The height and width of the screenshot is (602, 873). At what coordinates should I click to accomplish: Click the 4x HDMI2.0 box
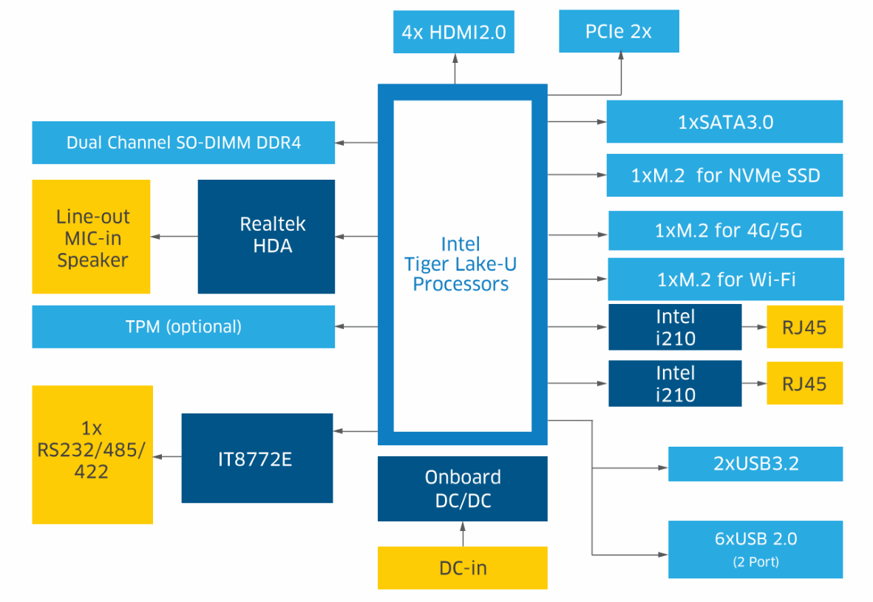454,33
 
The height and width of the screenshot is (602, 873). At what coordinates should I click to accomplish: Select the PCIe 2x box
619,32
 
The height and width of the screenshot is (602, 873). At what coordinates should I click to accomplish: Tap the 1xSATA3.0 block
724,122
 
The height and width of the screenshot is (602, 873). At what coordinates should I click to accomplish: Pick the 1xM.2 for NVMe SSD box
724,176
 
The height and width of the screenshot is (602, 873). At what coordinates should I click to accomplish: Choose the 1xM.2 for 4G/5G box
725,231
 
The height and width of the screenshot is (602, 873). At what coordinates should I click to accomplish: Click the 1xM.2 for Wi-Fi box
725,280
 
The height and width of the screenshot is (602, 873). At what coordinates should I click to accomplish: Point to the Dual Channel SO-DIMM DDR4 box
183,143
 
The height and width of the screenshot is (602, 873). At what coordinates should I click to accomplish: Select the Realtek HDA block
266,236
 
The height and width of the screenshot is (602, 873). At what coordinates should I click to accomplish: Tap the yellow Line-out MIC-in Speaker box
92,237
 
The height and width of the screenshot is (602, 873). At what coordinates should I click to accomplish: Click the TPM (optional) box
183,326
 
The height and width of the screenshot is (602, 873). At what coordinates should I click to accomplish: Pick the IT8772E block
257,459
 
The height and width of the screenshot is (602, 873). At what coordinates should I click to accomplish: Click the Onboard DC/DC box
463,488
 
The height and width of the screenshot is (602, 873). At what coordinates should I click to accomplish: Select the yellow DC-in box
463,568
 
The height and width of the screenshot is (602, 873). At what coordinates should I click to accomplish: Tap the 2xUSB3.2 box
755,464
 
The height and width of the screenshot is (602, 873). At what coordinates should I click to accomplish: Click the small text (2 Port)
755,562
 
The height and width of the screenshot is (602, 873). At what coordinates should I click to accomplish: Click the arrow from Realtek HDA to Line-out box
174,237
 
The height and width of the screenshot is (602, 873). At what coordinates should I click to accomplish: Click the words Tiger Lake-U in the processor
461,264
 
